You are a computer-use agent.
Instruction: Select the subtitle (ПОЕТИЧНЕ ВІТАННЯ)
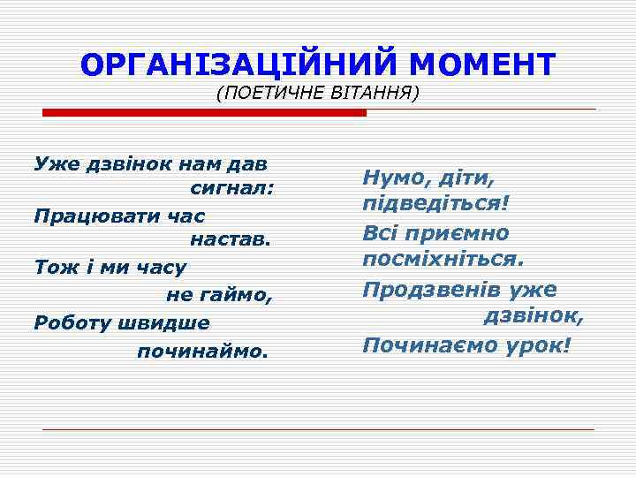tap(317, 93)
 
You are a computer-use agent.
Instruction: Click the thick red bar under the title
tap(204, 113)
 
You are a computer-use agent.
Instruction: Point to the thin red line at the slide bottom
tap(318, 429)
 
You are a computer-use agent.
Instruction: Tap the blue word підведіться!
tap(435, 205)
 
